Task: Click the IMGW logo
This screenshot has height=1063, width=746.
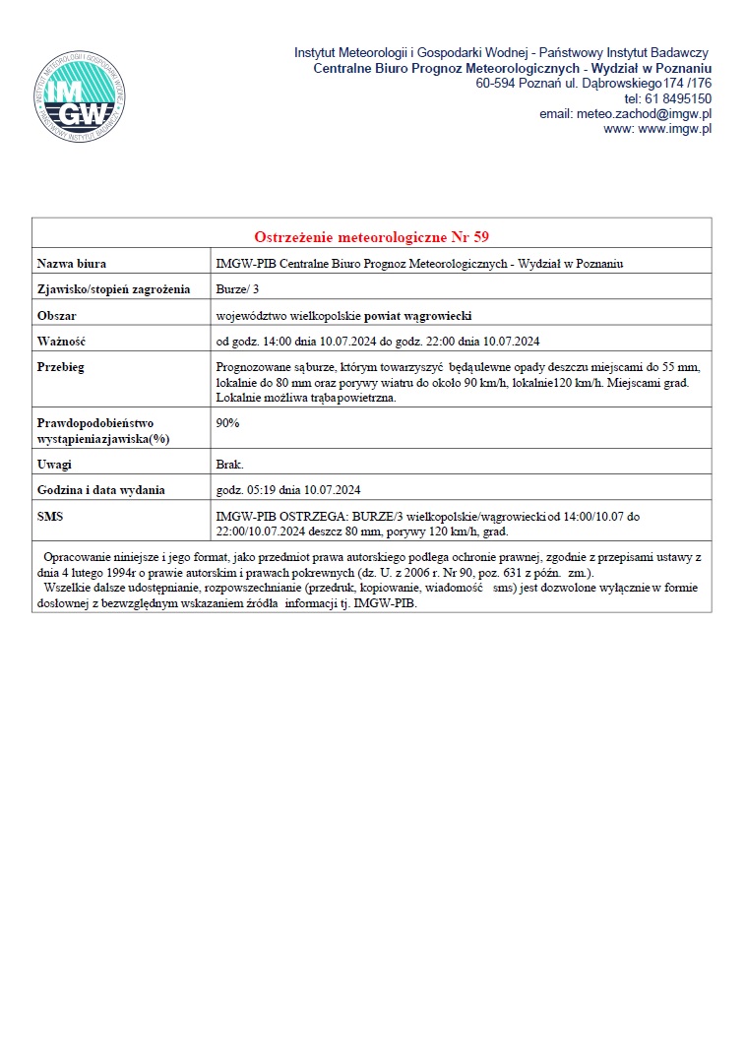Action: (x=81, y=94)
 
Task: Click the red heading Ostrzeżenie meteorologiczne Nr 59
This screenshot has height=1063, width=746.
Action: (x=371, y=237)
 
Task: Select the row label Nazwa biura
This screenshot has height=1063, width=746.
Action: (x=71, y=264)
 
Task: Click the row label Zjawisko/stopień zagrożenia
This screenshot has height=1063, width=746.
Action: (x=113, y=289)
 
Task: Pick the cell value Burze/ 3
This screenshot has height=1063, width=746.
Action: (x=237, y=289)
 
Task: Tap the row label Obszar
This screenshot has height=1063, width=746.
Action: (x=56, y=316)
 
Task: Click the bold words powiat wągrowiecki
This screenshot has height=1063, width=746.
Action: (x=418, y=316)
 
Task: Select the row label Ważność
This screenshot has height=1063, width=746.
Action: (x=61, y=342)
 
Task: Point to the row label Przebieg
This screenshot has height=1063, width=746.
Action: (x=60, y=367)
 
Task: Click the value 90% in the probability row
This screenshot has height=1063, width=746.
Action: (x=227, y=423)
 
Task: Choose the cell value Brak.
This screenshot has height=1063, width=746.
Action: (x=229, y=465)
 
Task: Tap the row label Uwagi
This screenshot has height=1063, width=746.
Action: (x=54, y=465)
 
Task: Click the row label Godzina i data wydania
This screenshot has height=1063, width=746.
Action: (x=100, y=490)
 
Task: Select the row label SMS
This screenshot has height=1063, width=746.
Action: (x=50, y=516)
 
